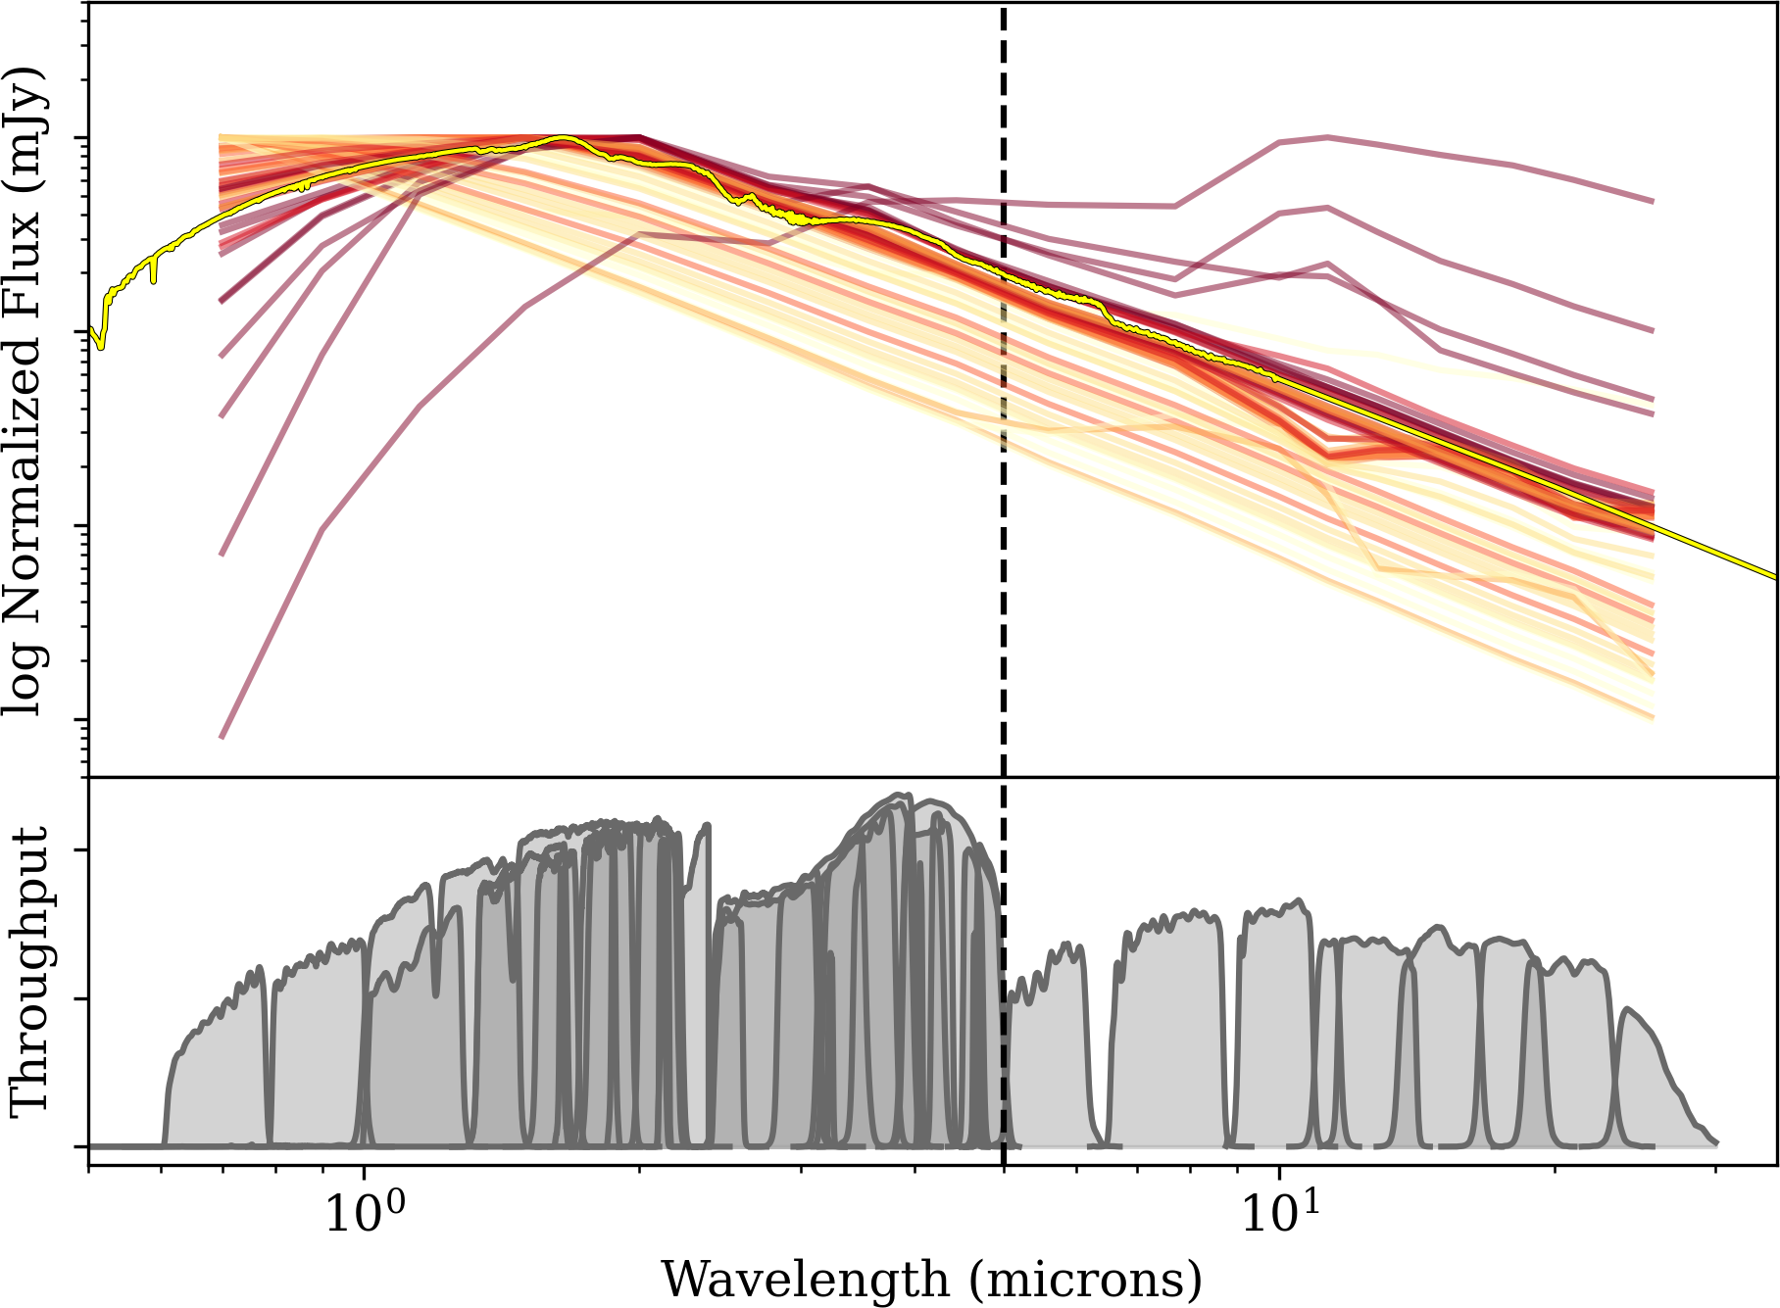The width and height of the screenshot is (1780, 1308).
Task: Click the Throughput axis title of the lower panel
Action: coord(29,971)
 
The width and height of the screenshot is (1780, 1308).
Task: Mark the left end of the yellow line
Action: coord(90,329)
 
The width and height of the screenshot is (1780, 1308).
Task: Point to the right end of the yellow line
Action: coord(1776,577)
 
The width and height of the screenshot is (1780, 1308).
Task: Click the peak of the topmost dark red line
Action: coord(1327,137)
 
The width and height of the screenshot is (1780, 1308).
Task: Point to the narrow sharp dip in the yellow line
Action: coord(154,280)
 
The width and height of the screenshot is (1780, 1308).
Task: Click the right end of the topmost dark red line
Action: coord(1654,201)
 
